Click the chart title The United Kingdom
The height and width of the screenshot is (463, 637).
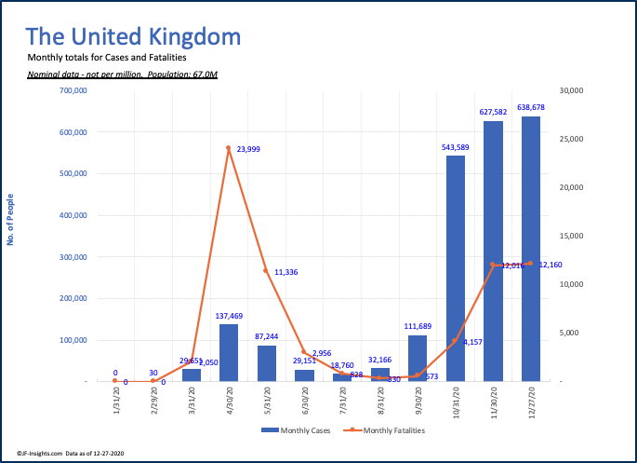pos(133,37)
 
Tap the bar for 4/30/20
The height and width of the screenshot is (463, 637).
pos(228,352)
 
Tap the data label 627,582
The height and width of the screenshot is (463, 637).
pos(494,113)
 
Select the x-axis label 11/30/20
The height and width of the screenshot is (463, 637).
pos(494,402)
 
